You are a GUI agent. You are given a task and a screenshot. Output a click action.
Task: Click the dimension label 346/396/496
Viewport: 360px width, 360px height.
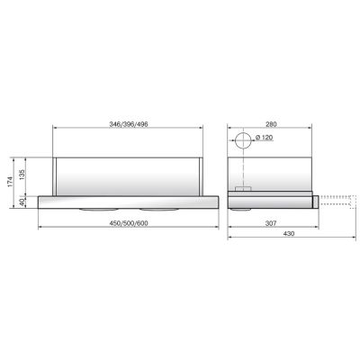[129, 124]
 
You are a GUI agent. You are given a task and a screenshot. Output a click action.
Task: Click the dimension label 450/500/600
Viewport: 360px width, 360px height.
[129, 223]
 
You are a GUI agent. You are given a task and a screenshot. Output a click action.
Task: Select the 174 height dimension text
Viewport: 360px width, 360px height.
[11, 182]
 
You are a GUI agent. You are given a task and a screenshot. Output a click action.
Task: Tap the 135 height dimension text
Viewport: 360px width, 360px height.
[22, 175]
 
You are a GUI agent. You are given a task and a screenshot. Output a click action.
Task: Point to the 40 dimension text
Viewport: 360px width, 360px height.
[22, 202]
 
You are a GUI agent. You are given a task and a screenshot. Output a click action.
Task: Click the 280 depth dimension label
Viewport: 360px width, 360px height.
[271, 124]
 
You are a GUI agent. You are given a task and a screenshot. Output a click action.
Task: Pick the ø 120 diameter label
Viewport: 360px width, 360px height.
[265, 138]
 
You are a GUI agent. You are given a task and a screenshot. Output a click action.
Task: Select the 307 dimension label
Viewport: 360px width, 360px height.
[271, 223]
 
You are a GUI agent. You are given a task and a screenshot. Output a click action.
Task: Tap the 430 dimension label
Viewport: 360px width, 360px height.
[289, 234]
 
